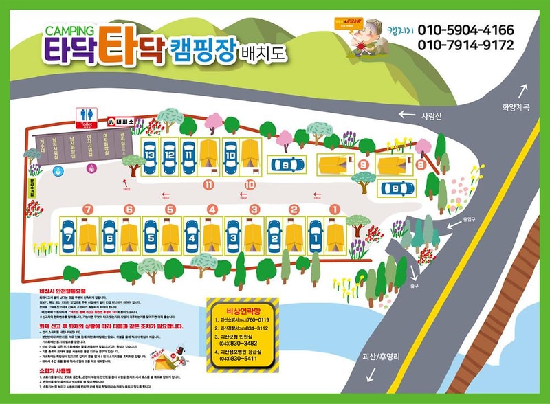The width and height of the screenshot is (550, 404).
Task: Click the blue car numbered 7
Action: (x=67, y=236)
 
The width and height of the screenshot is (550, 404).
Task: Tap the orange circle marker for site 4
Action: (x=212, y=209)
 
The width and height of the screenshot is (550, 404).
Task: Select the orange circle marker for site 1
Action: (x=335, y=209)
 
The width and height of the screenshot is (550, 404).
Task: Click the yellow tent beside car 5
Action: (x=170, y=236)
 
